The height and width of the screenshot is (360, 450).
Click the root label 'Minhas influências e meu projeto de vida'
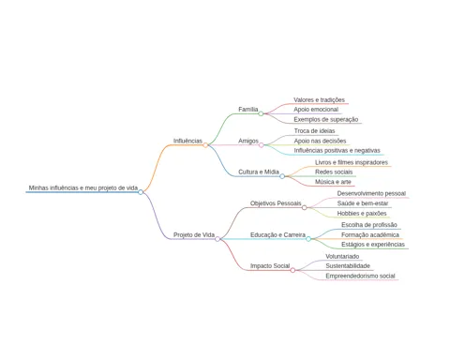[83, 187]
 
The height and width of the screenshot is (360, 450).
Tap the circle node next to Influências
[205, 145]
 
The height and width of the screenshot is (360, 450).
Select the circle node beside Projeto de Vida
[217, 239]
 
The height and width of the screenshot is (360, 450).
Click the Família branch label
[248, 110]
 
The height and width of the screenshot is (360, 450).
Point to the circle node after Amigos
[262, 145]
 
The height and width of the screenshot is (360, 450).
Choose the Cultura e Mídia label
[259, 172]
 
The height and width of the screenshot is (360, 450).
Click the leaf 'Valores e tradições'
[319, 100]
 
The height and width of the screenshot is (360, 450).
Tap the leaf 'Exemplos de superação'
[326, 119]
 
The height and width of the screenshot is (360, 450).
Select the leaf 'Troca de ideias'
[314, 131]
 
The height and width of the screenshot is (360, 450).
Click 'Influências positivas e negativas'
[337, 151]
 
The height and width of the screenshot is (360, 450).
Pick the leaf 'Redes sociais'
[334, 172]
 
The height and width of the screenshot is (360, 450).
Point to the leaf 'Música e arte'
[333, 182]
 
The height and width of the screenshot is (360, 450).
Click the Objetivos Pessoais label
[276, 203]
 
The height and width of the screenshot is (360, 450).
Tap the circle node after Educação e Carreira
[308, 239]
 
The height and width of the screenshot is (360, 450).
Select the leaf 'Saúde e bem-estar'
[363, 203]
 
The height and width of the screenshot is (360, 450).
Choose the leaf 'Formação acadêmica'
[370, 234]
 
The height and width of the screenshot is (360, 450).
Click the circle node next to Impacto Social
[292, 270]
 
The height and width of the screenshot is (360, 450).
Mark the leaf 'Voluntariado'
[342, 256]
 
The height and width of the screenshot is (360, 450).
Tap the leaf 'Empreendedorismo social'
[360, 276]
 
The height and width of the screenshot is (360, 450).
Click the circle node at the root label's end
[141, 192]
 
